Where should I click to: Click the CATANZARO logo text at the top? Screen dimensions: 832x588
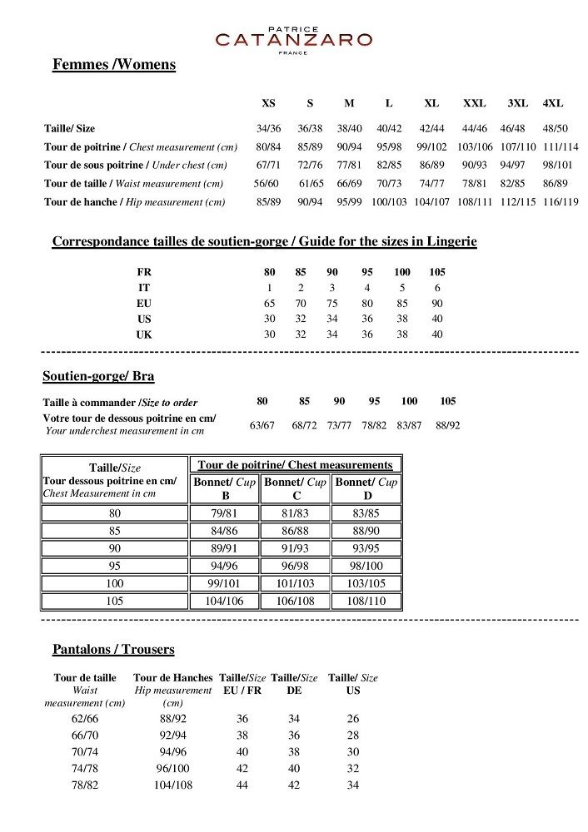point(293,39)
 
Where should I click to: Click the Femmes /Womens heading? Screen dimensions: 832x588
point(113,65)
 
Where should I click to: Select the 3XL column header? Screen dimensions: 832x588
point(518,103)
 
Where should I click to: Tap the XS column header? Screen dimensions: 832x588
point(268,103)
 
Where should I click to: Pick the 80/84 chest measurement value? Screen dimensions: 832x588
point(268,146)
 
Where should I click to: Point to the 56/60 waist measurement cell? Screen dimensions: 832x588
point(267,183)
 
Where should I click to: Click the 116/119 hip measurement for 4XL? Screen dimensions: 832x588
point(561,201)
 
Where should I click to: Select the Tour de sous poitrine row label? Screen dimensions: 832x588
point(135,165)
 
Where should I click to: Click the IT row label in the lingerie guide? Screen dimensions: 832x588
point(144,288)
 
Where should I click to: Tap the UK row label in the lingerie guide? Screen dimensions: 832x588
point(144,334)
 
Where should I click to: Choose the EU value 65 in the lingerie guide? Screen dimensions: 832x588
point(270,304)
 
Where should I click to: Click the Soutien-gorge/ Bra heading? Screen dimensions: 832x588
point(98,376)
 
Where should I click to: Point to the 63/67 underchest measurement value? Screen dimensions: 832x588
point(262,425)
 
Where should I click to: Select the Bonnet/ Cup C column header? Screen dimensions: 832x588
point(296,488)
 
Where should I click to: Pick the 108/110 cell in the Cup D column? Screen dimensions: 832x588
point(366,601)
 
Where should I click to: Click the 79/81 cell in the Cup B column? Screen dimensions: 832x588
point(225,513)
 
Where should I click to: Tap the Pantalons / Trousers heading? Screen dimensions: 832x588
point(113,649)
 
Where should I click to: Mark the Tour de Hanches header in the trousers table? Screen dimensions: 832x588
point(173,678)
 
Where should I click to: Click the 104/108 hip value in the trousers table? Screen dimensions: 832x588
point(173,785)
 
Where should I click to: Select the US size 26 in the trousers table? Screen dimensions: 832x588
point(353,718)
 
